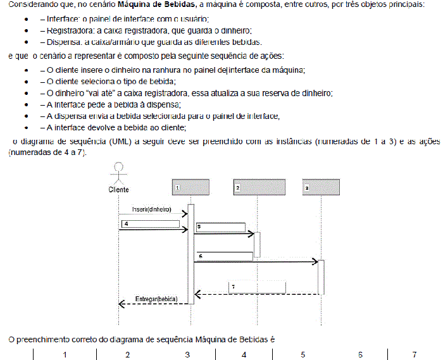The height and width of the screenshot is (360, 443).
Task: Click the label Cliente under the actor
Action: (118, 190)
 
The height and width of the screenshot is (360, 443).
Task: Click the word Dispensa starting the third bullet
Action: (64, 42)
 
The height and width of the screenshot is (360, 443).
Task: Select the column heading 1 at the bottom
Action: (65, 355)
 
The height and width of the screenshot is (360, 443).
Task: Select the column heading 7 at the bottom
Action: (415, 355)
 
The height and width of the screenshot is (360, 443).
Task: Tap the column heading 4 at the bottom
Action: (244, 355)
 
